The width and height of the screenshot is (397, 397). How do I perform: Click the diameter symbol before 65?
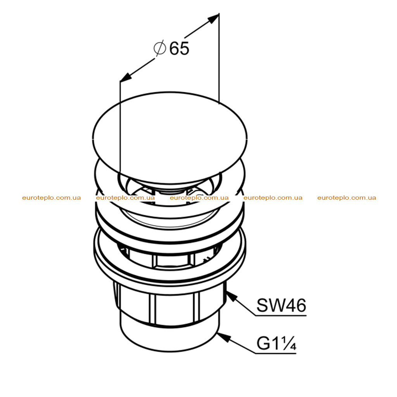pyautogui.click(x=160, y=48)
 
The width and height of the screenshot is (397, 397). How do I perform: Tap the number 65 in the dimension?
pyautogui.click(x=179, y=48)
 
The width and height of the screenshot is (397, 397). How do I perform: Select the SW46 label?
pyautogui.click(x=281, y=305)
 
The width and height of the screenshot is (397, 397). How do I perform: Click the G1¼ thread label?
pyautogui.click(x=276, y=343)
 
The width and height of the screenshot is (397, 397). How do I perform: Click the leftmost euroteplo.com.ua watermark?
pyautogui.click(x=52, y=198)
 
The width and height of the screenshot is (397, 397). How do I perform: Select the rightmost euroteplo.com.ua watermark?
pyautogui.click(x=347, y=198)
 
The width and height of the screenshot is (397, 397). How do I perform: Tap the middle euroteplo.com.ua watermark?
pyautogui.click(x=199, y=198)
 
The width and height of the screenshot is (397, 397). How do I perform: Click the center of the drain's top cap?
pyautogui.click(x=170, y=138)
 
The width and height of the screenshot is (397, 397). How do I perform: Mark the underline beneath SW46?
pyautogui.click(x=281, y=316)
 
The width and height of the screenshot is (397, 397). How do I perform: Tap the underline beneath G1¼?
pyautogui.click(x=276, y=353)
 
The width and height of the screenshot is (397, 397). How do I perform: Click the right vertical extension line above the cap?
pyautogui.click(x=219, y=59)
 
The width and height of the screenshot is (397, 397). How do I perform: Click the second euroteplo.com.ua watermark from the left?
pyautogui.click(x=125, y=198)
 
